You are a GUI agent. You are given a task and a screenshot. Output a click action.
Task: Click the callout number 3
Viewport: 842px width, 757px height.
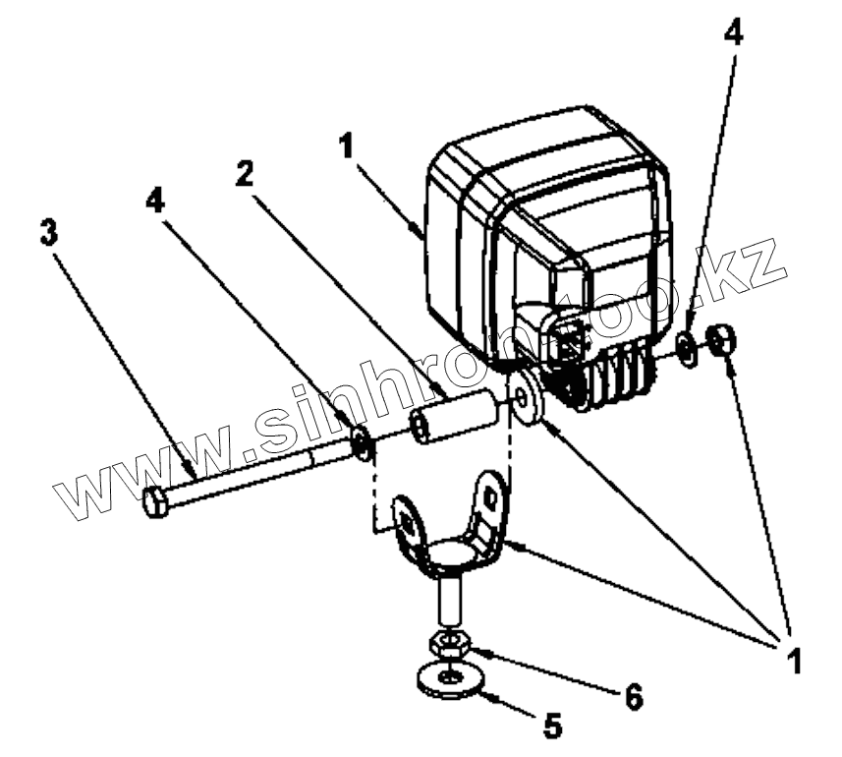tap(48, 234)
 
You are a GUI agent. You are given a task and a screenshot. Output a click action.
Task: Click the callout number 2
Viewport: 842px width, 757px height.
tap(245, 174)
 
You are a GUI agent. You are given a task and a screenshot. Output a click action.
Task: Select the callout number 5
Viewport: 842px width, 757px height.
tap(552, 726)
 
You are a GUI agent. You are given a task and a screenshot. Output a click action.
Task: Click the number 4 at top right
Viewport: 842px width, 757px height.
tap(732, 32)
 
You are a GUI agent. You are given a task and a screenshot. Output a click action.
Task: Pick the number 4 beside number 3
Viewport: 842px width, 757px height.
tap(154, 202)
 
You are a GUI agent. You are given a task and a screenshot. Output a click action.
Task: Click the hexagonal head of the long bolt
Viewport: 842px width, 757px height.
tap(155, 503)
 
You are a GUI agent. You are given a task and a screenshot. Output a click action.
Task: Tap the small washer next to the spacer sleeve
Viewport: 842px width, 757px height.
tap(361, 442)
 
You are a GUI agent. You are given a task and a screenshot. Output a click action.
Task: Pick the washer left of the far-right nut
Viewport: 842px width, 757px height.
tap(688, 347)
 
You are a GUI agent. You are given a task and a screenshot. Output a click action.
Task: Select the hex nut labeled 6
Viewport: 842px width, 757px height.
tap(449, 646)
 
